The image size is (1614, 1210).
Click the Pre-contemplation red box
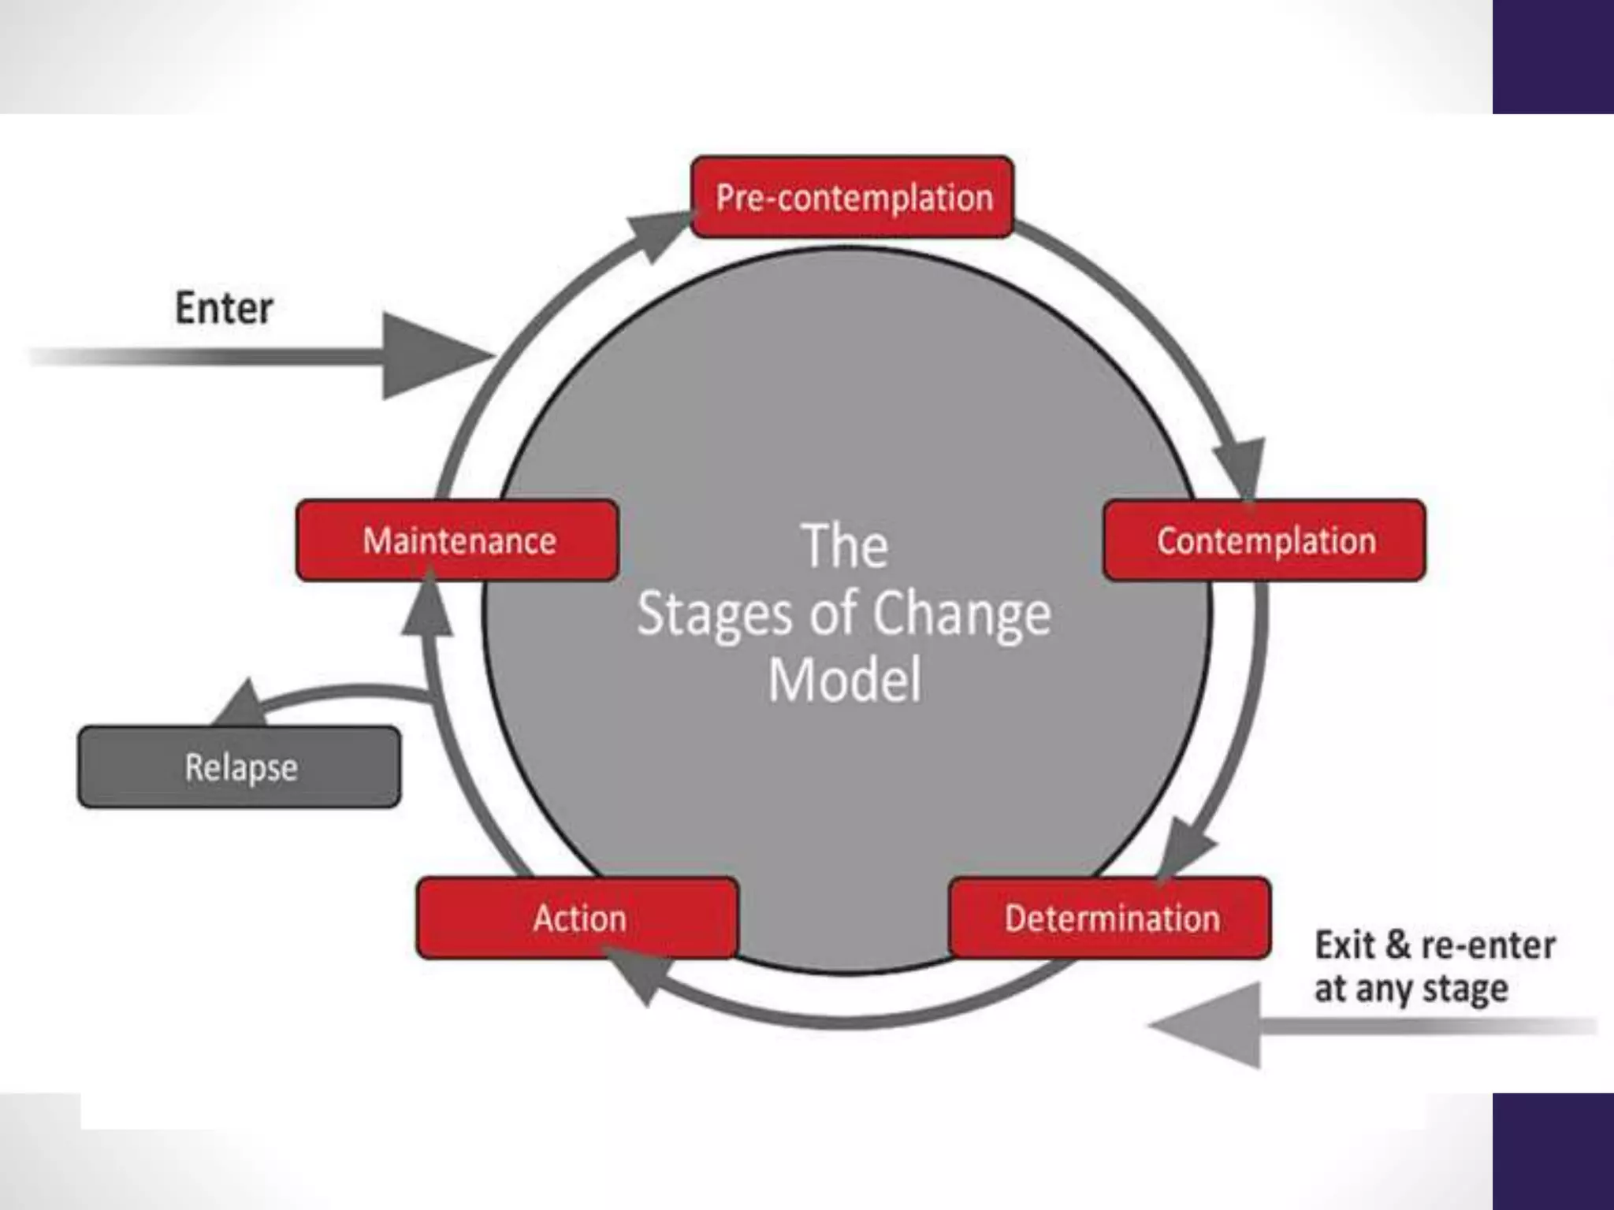pos(852,197)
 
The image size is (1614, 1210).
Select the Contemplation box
pos(1264,540)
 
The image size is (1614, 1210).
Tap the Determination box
pos(1110,918)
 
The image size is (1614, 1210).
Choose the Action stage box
pos(578,918)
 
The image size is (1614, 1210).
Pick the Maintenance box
pos(457,540)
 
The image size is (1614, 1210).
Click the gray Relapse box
pos(239,767)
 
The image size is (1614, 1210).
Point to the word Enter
pos(224,307)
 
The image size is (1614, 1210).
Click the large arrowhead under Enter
pos(430,356)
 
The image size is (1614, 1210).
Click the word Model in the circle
pos(844,680)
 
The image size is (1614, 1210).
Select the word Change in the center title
pos(961,614)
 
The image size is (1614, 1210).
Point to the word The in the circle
pos(844,546)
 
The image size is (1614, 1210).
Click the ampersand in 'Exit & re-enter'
pos(1397,945)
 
